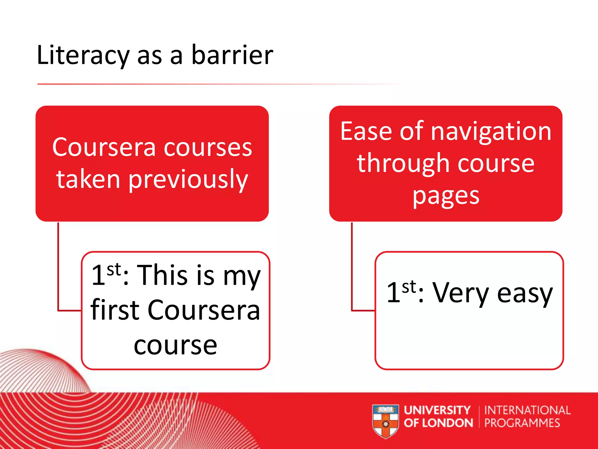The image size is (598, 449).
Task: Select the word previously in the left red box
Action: [188, 179]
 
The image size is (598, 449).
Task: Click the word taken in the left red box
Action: [88, 179]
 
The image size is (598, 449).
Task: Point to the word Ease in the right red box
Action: [366, 132]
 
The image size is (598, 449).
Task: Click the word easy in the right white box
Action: [525, 293]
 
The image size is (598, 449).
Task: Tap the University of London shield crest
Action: [386, 421]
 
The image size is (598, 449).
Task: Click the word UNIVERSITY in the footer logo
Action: [437, 410]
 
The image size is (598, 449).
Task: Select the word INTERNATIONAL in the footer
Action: [527, 410]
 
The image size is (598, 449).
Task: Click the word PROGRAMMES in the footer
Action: [522, 423]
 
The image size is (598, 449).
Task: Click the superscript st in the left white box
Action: [114, 270]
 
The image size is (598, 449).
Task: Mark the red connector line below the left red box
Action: [58, 266]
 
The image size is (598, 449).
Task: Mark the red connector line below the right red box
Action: [352, 266]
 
